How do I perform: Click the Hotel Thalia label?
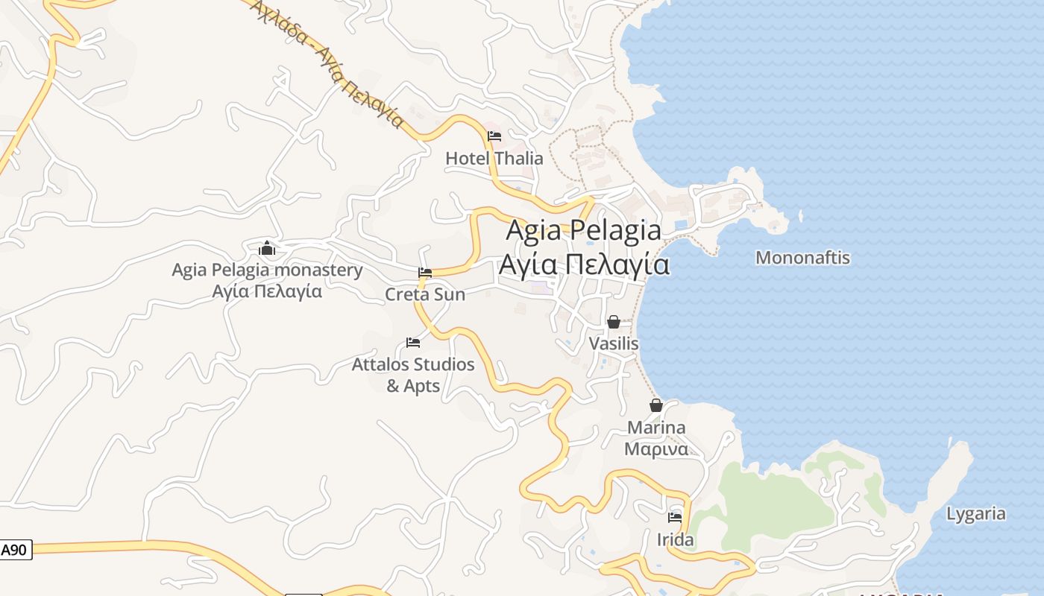pyautogui.click(x=494, y=159)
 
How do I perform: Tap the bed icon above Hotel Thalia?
pyautogui.click(x=494, y=136)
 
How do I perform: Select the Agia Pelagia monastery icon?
pyautogui.click(x=267, y=248)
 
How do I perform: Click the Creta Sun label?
pyautogui.click(x=425, y=294)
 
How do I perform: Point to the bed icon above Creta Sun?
pyautogui.click(x=425, y=273)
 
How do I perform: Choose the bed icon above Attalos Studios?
pyautogui.click(x=413, y=343)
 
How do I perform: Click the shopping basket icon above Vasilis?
pyautogui.click(x=614, y=322)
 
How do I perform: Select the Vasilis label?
pyautogui.click(x=614, y=343)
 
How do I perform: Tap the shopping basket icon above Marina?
pyautogui.click(x=656, y=405)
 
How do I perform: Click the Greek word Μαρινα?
pyautogui.click(x=655, y=449)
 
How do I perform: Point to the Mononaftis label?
pyautogui.click(x=802, y=258)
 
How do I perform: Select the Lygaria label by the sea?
pyautogui.click(x=975, y=514)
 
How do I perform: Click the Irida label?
pyautogui.click(x=676, y=539)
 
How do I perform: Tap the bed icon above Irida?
pyautogui.click(x=676, y=517)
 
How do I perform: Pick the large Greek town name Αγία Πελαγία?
pyautogui.click(x=583, y=264)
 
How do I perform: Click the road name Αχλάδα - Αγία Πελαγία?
pyautogui.click(x=328, y=63)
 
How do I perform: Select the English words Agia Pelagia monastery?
pyautogui.click(x=267, y=270)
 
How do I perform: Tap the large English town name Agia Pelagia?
pyautogui.click(x=583, y=230)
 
